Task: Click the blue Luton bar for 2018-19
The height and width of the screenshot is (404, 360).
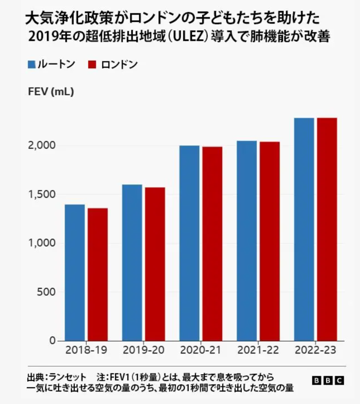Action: tap(75, 273)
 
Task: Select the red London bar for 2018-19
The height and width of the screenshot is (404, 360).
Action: tap(98, 274)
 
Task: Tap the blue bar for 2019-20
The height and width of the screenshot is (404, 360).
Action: tap(132, 263)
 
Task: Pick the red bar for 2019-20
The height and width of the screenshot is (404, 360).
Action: tap(155, 264)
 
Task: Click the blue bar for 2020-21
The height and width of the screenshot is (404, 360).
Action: tap(189, 243)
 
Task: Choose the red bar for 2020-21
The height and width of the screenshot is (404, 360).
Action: tap(212, 244)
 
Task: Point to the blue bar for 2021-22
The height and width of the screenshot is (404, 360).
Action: tap(247, 241)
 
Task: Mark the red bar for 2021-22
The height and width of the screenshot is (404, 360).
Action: tap(270, 241)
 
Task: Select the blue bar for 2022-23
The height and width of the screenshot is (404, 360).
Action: tap(304, 229)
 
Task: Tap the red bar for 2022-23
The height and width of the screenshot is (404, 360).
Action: tap(327, 229)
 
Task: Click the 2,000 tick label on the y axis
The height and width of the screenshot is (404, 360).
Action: tap(41, 145)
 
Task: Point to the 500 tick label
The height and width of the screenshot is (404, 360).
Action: tap(46, 292)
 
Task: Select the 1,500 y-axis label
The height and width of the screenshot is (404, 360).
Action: tap(41, 194)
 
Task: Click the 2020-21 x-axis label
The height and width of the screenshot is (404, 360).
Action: tap(201, 356)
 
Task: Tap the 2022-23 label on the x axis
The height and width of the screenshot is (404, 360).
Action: tap(315, 356)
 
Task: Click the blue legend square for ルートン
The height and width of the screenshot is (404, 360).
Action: tap(32, 65)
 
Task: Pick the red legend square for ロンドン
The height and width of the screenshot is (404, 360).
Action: tap(92, 65)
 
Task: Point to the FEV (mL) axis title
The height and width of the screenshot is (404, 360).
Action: tap(51, 92)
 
